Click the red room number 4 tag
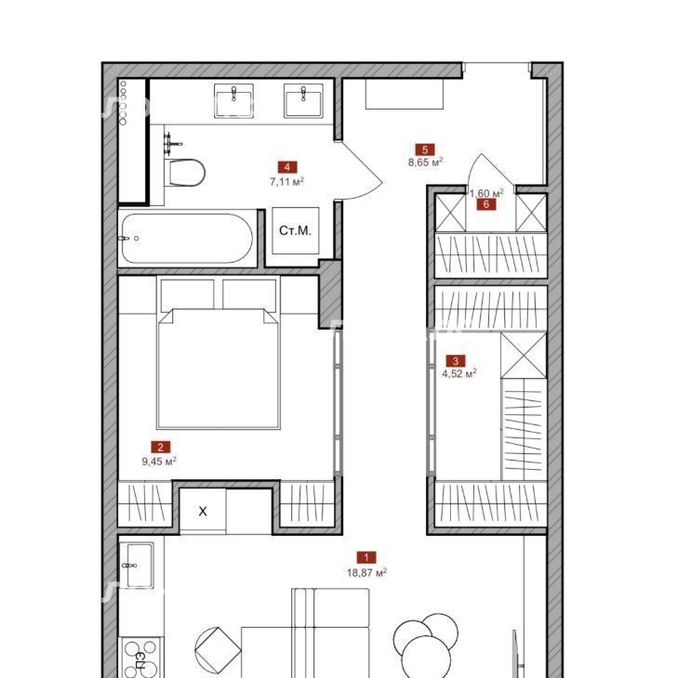(x=287, y=167)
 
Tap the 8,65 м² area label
(x=425, y=163)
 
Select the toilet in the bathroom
(x=185, y=173)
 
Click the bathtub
(x=187, y=238)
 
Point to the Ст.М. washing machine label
(x=296, y=230)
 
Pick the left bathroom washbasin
(x=233, y=101)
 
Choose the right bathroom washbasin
(x=303, y=101)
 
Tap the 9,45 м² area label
(x=159, y=461)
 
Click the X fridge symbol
(x=203, y=511)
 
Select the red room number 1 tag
(x=366, y=557)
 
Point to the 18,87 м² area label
(x=366, y=572)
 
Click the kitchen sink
(x=137, y=565)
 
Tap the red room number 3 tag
(x=455, y=361)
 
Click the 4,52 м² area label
(x=459, y=373)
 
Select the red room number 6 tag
(x=485, y=204)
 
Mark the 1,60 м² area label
(x=486, y=193)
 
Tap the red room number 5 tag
(x=425, y=150)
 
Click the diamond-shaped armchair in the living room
(x=218, y=648)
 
